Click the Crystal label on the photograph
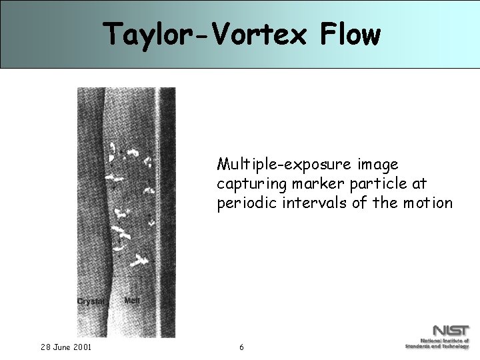pyautogui.click(x=91, y=302)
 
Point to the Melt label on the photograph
pyautogui.click(x=132, y=301)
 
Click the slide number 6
pyautogui.click(x=241, y=347)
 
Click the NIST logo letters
pyautogui.click(x=451, y=331)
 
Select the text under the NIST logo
pyautogui.click(x=437, y=344)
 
